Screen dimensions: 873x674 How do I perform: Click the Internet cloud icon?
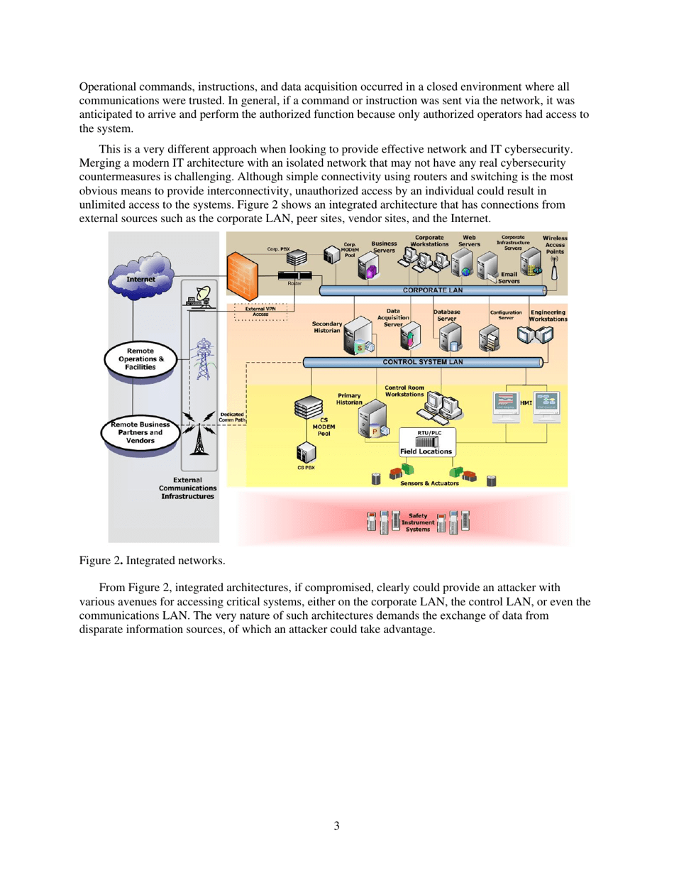pos(141,274)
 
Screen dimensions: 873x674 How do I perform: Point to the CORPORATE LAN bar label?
pos(432,290)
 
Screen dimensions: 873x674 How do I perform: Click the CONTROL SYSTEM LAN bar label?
pos(423,362)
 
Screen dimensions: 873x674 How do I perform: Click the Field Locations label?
pos(426,451)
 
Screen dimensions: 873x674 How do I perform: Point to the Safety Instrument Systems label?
pos(417,522)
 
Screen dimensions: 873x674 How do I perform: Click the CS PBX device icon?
pos(305,453)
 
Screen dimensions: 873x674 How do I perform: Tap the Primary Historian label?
pos(349,399)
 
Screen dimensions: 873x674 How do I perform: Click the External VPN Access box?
pos(260,312)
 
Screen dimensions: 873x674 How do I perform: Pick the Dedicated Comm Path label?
pos(233,417)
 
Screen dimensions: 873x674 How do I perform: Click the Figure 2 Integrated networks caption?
pos(152,561)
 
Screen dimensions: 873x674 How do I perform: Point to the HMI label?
pos(526,403)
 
